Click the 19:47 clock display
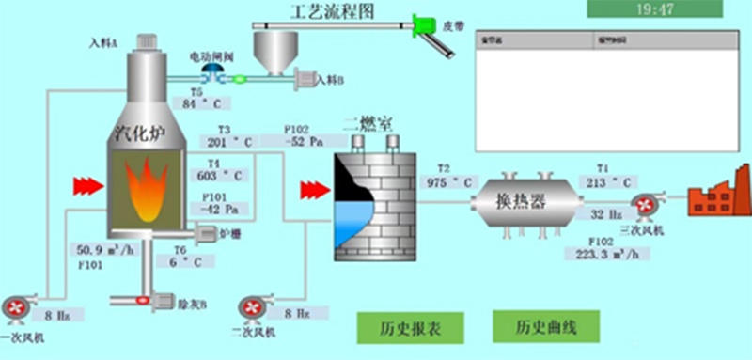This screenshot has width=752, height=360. tap(655, 10)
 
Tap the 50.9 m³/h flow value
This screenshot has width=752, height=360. tap(105, 249)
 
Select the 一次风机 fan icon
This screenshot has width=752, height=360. tap(16, 307)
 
